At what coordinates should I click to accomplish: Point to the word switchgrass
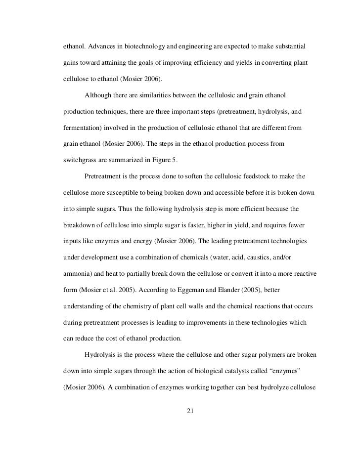[x=83, y=159]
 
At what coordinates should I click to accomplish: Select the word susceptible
[x=122, y=192]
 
